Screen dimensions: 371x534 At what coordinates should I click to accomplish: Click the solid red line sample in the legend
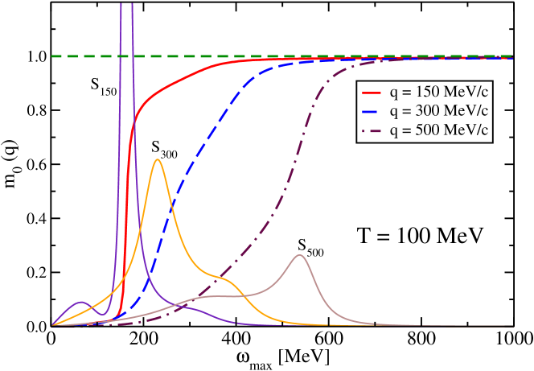click(x=372, y=89)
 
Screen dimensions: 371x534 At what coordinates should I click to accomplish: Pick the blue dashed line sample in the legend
click(x=372, y=109)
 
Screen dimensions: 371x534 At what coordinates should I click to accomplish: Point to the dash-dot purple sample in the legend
click(x=372, y=129)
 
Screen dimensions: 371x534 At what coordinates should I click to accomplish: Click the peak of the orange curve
click(x=158, y=159)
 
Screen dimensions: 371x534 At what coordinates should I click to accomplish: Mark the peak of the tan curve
click(x=300, y=255)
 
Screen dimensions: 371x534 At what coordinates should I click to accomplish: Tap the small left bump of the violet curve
click(x=80, y=302)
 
